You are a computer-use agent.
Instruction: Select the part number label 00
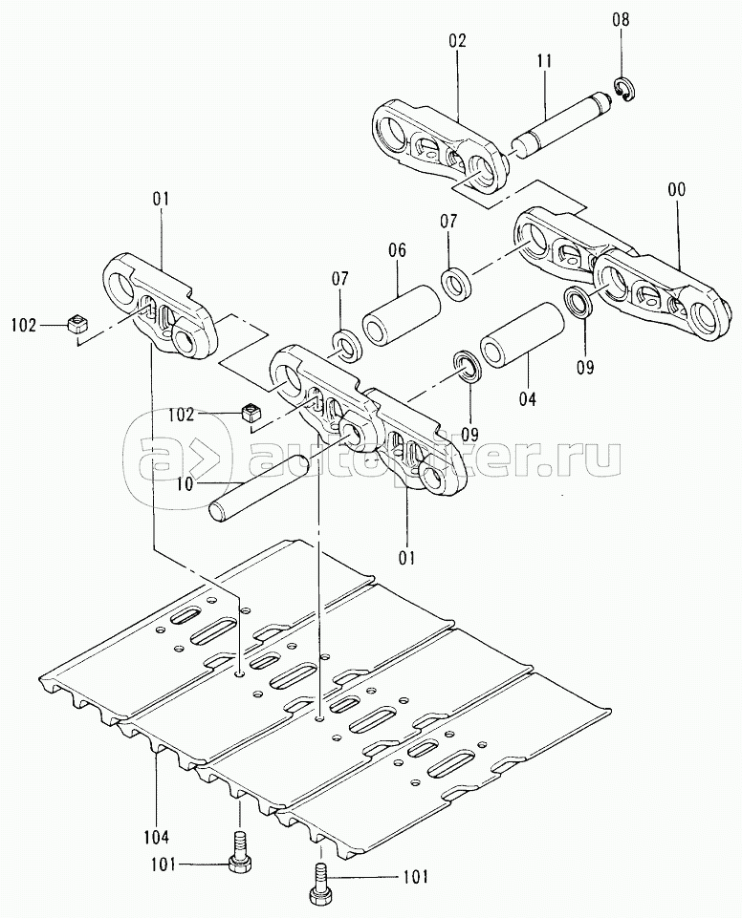[x=677, y=191]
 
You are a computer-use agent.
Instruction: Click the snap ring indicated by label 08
[x=622, y=90]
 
